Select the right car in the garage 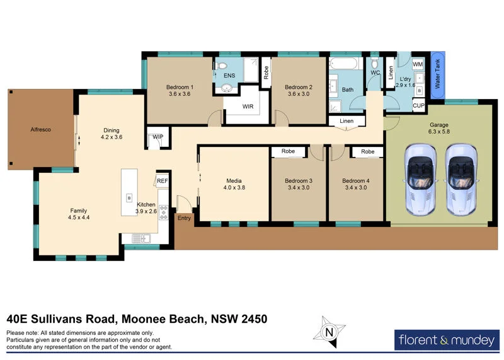pyautogui.click(x=461, y=178)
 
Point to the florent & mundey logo pyautogui.click(x=445, y=340)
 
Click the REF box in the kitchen pyautogui.click(x=162, y=181)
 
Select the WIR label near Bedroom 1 pyautogui.click(x=248, y=107)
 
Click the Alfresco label pyautogui.click(x=40, y=130)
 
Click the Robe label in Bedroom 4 pyautogui.click(x=368, y=152)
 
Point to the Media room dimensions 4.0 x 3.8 pyautogui.click(x=234, y=187)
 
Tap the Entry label pyautogui.click(x=184, y=218)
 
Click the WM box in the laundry pyautogui.click(x=418, y=65)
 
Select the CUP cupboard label pyautogui.click(x=418, y=107)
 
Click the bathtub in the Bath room pyautogui.click(x=343, y=64)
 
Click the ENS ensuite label pyautogui.click(x=229, y=76)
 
